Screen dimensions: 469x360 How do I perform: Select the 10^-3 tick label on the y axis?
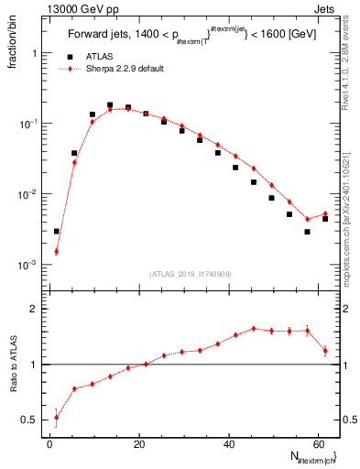[30, 265]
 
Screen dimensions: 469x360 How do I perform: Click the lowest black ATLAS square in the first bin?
[57, 232]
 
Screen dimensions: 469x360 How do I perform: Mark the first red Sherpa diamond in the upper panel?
[57, 251]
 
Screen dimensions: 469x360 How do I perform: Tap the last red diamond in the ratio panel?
[325, 350]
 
